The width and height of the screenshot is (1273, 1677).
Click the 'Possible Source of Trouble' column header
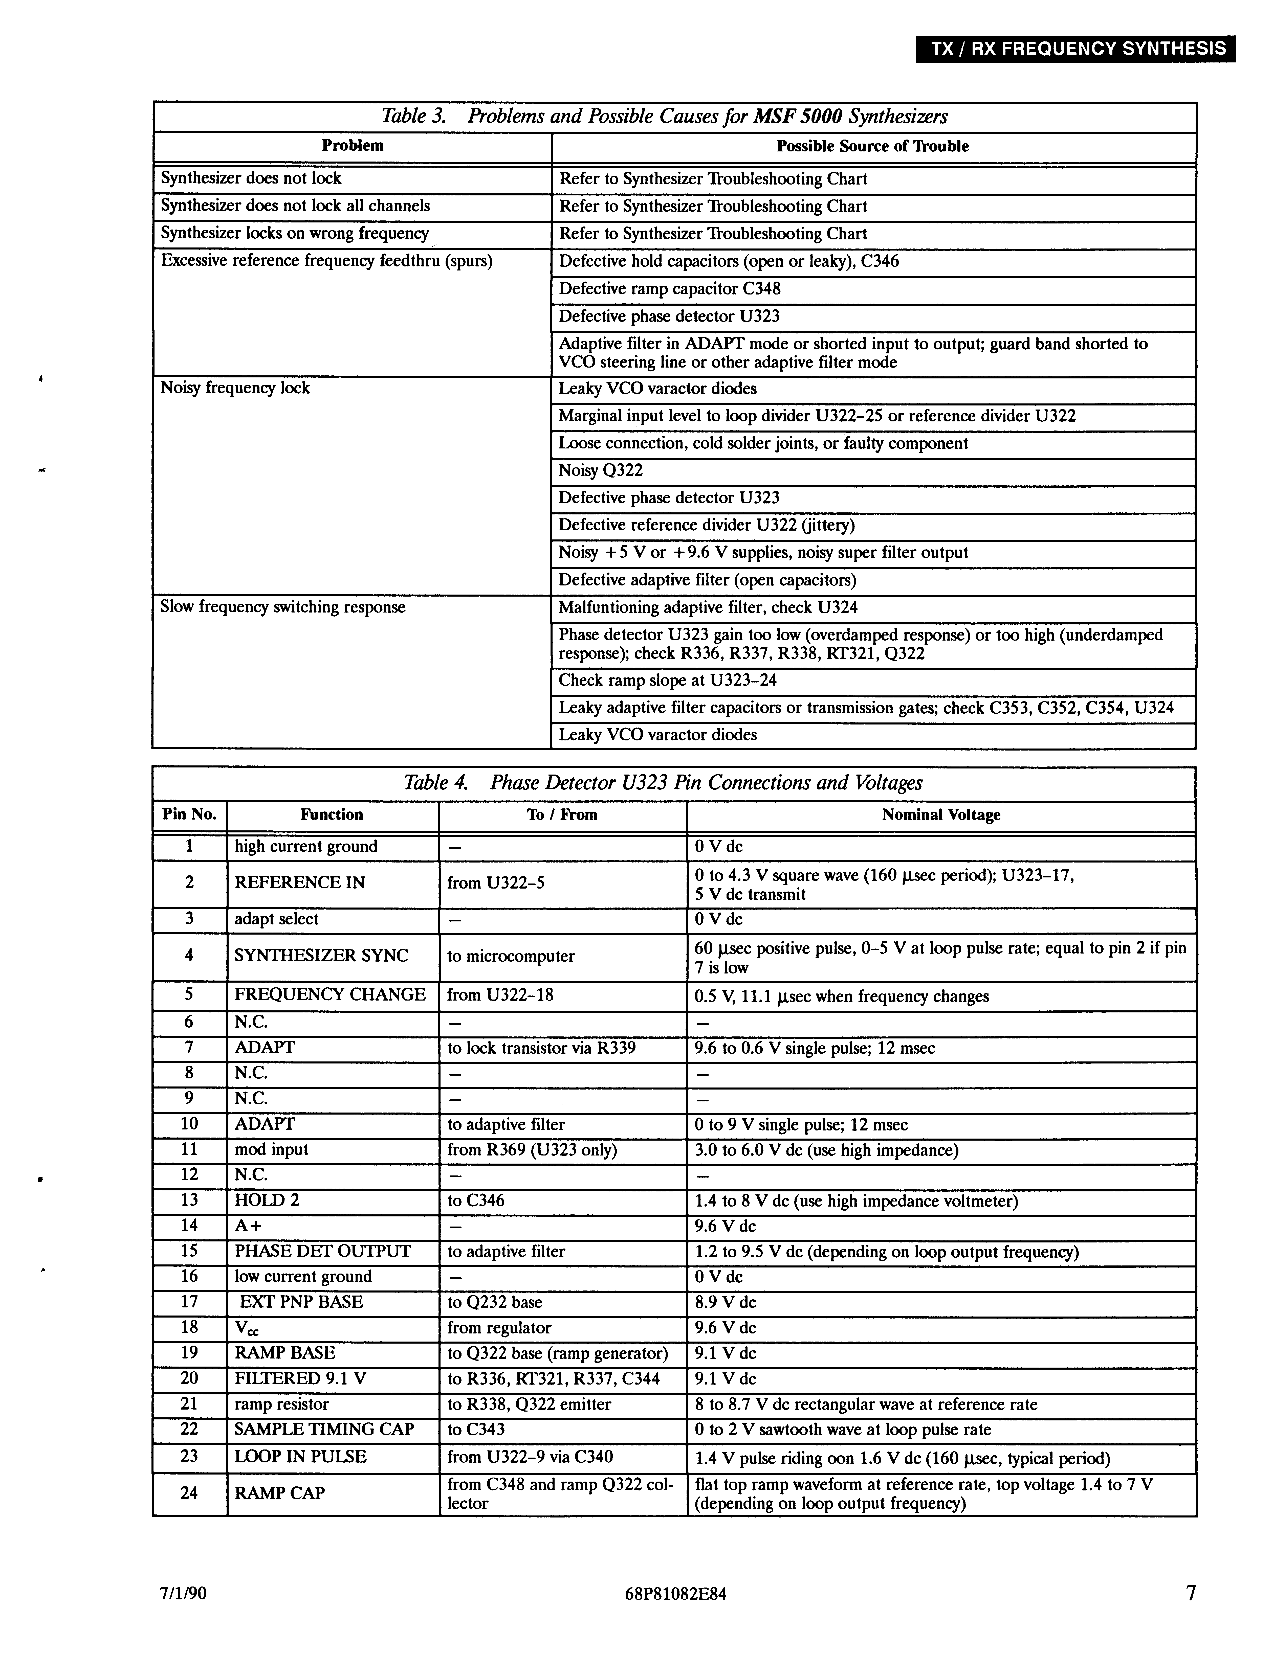click(872, 146)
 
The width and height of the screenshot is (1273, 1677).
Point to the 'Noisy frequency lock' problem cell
click(235, 388)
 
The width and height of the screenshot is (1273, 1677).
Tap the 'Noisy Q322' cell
click(601, 471)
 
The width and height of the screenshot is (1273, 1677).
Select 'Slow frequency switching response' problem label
click(283, 607)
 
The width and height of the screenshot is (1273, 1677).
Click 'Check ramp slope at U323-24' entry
click(667, 681)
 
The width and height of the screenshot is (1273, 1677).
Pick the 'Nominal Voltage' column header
click(940, 815)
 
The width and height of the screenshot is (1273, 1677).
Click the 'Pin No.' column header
click(190, 815)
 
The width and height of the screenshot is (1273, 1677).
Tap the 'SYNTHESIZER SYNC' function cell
click(321, 956)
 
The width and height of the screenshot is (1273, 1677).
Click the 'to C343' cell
click(476, 1430)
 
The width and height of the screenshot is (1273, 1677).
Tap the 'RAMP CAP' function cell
click(280, 1493)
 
